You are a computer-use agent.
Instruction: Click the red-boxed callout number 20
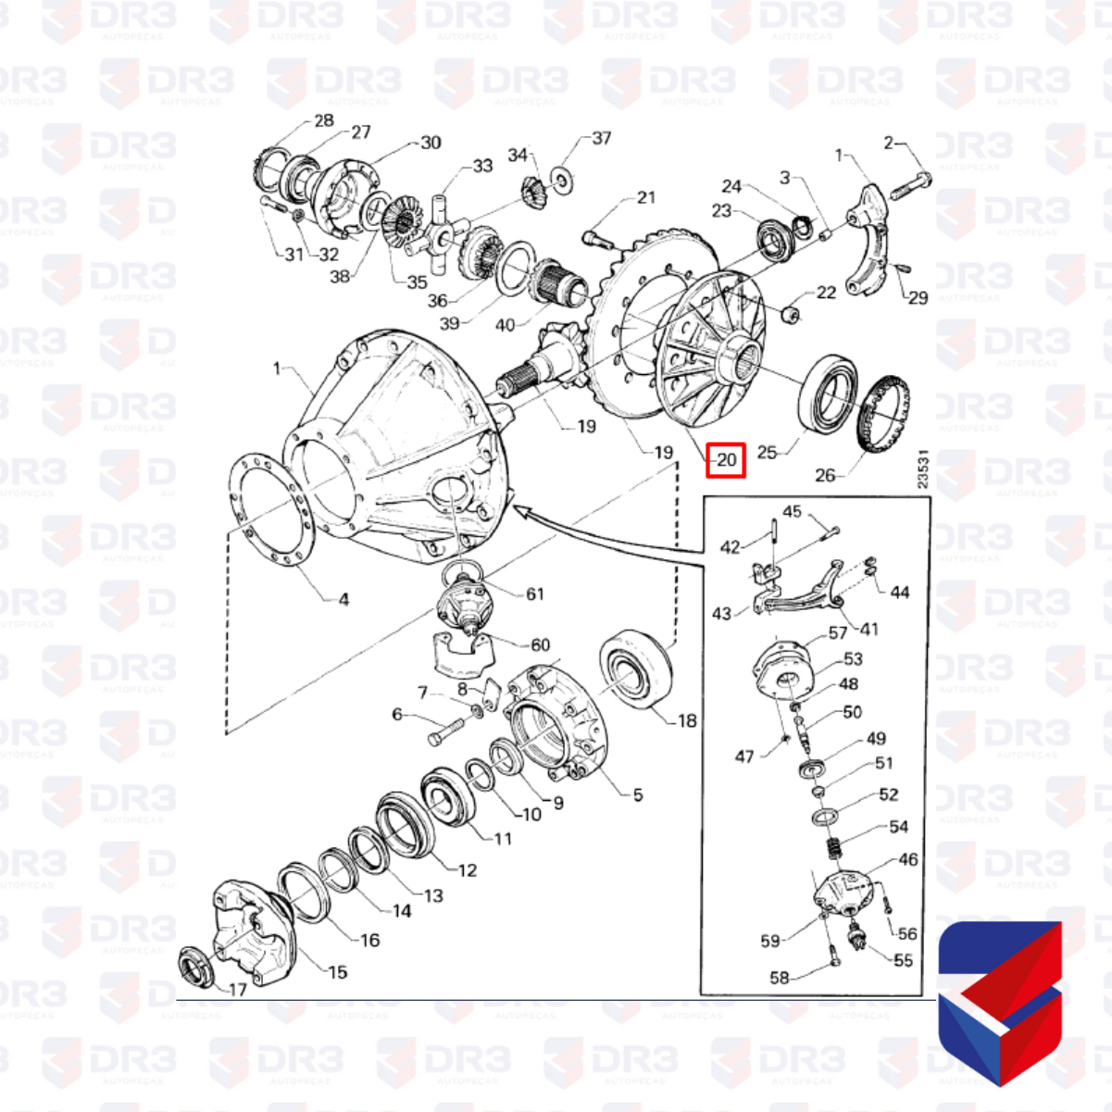[x=726, y=459]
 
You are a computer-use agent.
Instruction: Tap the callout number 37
[x=602, y=138]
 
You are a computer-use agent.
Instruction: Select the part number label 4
[x=344, y=599]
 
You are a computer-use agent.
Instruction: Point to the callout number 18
[x=686, y=720]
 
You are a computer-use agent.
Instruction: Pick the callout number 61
[x=535, y=593]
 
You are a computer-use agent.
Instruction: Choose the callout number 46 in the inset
[x=908, y=859]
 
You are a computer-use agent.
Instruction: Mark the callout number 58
[x=780, y=978]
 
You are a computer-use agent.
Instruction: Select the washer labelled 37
[x=561, y=176]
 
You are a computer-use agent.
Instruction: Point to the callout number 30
[x=431, y=143]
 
